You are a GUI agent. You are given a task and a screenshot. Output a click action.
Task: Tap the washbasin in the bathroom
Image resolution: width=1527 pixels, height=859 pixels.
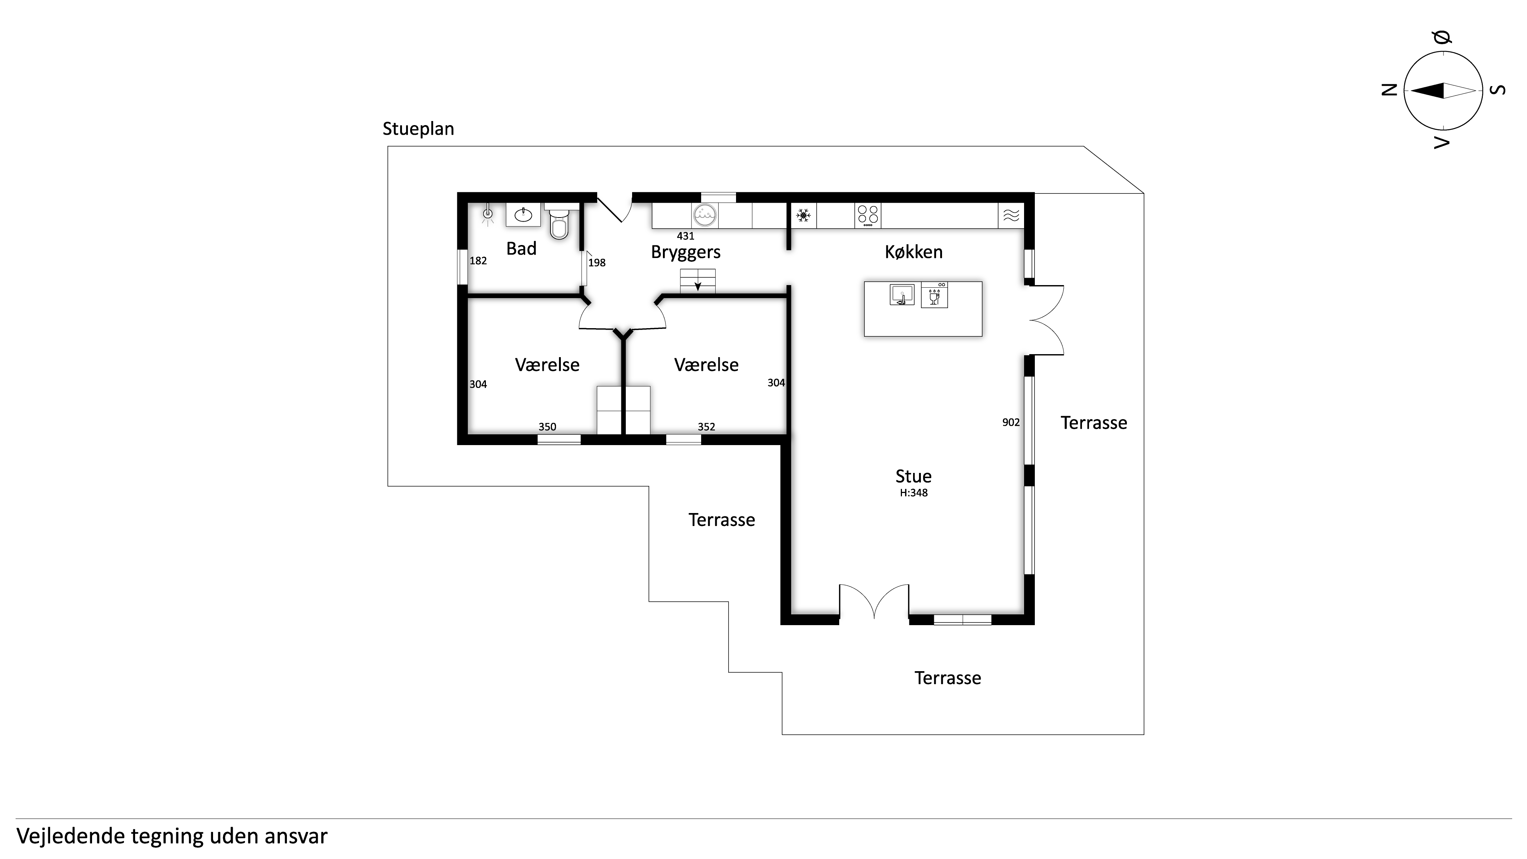[523, 215]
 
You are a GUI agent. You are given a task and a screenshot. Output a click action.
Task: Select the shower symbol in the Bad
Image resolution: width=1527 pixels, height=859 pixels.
[488, 215]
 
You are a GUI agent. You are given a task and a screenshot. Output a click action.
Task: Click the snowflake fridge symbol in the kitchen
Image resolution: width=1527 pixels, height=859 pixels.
[803, 216]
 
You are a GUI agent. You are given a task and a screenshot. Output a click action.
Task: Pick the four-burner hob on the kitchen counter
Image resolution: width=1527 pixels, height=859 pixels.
[868, 216]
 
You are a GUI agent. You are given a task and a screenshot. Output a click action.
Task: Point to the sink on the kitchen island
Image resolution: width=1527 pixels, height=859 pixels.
[902, 295]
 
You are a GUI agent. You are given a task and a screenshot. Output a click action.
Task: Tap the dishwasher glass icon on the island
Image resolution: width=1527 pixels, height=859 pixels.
[934, 295]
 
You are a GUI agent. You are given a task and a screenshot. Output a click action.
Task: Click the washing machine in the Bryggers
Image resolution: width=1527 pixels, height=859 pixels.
[705, 216]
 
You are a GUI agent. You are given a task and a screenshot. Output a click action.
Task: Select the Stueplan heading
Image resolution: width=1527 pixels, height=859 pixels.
[419, 129]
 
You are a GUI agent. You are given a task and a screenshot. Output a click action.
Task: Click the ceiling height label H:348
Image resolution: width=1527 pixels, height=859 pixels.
[913, 493]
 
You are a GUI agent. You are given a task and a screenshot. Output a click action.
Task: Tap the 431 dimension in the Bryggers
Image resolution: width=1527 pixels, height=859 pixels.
[685, 236]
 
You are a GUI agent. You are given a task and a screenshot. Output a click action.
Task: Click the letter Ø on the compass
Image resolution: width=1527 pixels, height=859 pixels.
[1443, 37]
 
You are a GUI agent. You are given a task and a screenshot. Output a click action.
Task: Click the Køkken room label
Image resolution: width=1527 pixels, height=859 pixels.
[913, 252]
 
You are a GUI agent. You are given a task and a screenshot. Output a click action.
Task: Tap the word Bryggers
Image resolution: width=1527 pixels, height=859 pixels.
[686, 252]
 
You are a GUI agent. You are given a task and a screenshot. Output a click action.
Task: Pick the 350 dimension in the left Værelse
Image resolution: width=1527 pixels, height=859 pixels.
[547, 427]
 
